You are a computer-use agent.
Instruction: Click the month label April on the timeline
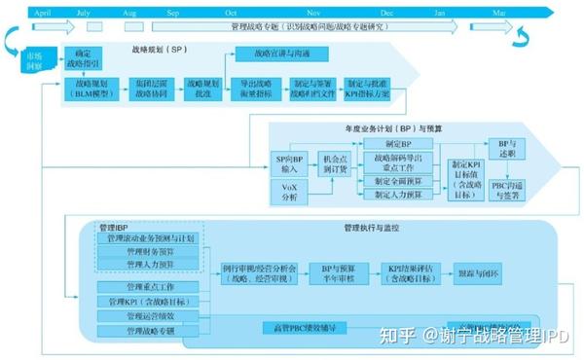click(42, 13)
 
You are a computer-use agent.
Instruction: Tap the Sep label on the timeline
click(173, 13)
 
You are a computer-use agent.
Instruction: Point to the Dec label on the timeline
click(387, 13)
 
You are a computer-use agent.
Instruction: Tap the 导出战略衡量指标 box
click(255, 92)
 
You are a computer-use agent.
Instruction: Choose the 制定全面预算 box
click(397, 180)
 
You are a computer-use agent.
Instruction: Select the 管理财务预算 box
click(149, 252)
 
